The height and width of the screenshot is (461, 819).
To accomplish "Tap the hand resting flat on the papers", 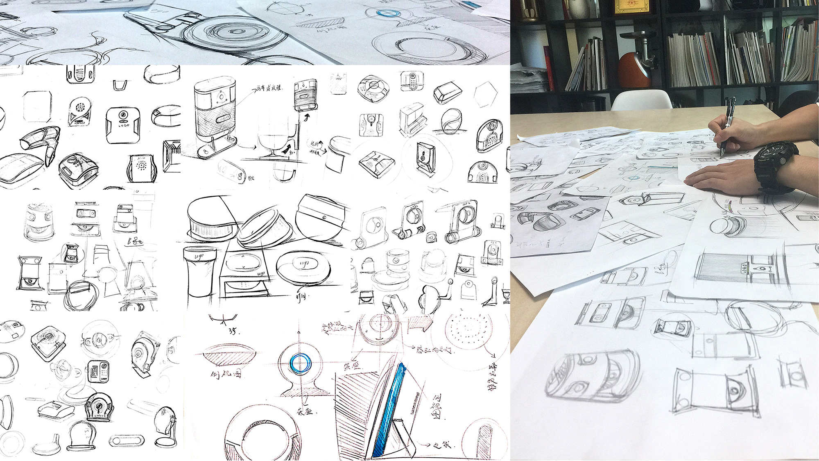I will point(721,176).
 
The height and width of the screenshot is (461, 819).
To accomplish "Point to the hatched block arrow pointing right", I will point(420,324).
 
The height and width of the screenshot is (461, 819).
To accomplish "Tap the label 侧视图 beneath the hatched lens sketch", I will point(226,374).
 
